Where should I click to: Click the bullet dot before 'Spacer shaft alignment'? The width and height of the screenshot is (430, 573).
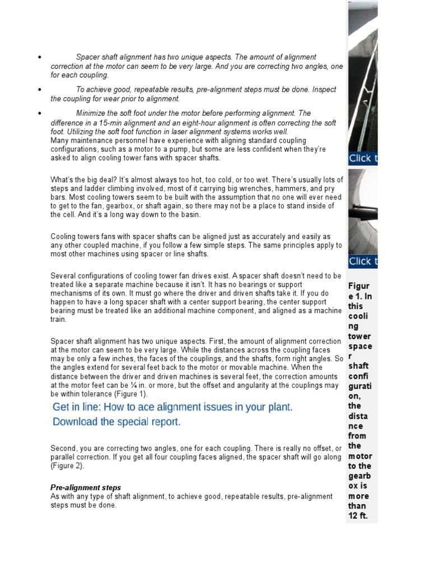point(40,58)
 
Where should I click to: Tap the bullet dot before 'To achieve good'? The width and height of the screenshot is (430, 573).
point(40,90)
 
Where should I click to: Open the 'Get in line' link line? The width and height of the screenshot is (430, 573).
point(172,407)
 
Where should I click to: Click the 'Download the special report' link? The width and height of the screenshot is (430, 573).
point(116,422)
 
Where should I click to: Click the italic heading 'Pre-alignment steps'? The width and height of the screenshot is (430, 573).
point(86,488)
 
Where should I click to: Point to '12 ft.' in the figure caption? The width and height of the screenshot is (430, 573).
point(358,516)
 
